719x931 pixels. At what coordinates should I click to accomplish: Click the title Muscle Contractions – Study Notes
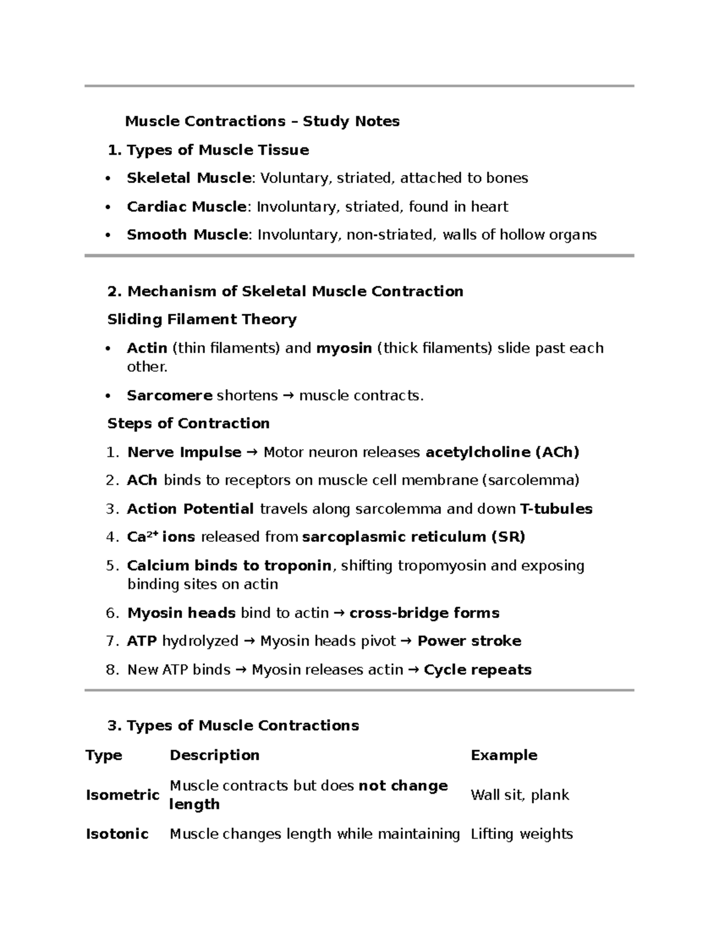[262, 121]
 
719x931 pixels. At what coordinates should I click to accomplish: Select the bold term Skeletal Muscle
[189, 178]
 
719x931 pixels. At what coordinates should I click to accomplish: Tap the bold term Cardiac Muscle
[186, 207]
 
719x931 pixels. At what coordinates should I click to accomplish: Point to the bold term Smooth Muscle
[187, 234]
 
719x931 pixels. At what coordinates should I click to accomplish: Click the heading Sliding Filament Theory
[202, 320]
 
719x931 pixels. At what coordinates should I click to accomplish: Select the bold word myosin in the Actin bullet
[344, 348]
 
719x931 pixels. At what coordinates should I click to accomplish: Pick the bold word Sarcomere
[170, 396]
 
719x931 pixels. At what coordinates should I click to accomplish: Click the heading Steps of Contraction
[188, 423]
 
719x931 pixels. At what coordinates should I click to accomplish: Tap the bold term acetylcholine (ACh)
[502, 452]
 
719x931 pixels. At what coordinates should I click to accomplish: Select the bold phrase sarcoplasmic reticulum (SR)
[413, 537]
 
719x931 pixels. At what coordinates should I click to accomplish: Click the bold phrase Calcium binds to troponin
[229, 566]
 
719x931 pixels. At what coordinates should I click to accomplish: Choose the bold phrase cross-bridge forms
[424, 613]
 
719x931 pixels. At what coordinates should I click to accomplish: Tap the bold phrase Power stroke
[469, 641]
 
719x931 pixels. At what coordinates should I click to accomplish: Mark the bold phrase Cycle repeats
[478, 670]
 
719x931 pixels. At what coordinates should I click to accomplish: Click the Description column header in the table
[215, 755]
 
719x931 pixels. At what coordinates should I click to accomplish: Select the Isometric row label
[122, 795]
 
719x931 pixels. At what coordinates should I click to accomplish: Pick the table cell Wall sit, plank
[519, 795]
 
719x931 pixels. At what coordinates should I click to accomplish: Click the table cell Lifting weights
[521, 834]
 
